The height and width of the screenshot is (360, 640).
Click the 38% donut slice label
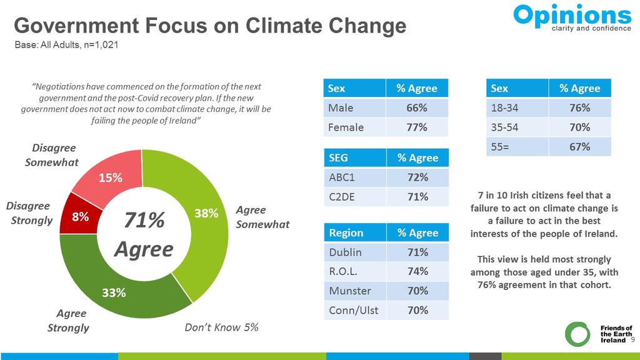coord(206,213)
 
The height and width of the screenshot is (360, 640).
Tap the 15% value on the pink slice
coord(110,177)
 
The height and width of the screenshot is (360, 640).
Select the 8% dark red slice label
coord(79,217)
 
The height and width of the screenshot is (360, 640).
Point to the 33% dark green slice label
coord(114,292)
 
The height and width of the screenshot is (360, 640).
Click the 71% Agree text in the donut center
coord(144,234)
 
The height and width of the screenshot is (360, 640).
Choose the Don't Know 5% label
coord(221,327)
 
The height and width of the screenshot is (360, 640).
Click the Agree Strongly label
coord(69,321)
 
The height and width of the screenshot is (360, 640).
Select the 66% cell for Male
coord(417,108)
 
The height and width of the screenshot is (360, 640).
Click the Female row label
coord(346,127)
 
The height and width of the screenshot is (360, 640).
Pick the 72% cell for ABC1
coord(417,177)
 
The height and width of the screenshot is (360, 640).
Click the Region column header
coord(346,232)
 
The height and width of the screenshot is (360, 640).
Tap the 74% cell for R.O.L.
coord(417,271)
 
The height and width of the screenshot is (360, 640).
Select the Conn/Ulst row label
coord(353,310)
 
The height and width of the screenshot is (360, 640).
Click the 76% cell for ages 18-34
coord(579,108)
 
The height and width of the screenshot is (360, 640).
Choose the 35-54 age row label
coord(505,127)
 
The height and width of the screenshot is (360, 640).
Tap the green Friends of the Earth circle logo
coord(577,334)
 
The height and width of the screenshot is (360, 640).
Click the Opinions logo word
coord(572,15)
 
